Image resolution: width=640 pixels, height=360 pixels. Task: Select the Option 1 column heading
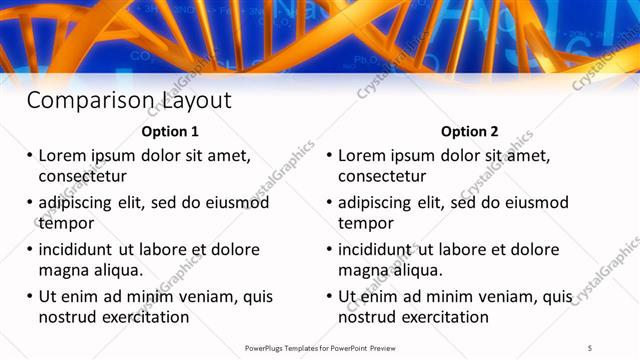170,131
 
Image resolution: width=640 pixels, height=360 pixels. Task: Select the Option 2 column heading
469,131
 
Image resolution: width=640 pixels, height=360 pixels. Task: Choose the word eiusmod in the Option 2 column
535,202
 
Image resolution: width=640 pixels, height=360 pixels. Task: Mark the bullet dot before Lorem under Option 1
29,156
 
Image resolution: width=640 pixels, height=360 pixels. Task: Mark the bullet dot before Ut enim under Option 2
328,296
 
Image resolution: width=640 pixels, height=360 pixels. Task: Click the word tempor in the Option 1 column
62,223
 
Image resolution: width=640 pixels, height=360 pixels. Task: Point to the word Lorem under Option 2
361,156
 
